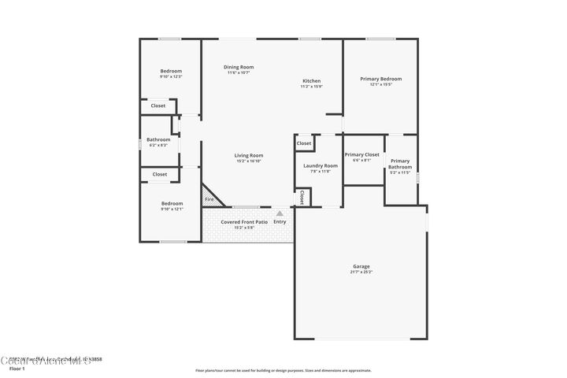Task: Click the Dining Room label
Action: pyautogui.click(x=239, y=67)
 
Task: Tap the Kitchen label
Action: pyautogui.click(x=312, y=81)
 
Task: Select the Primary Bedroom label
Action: pyautogui.click(x=381, y=79)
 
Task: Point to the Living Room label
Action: pyautogui.click(x=248, y=155)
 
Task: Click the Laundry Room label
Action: pyautogui.click(x=321, y=165)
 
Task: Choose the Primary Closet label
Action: pyautogui.click(x=362, y=154)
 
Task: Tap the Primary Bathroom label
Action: pyautogui.click(x=400, y=164)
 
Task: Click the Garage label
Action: pyautogui.click(x=361, y=266)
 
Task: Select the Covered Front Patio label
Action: pyautogui.click(x=244, y=222)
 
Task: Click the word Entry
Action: pyautogui.click(x=280, y=222)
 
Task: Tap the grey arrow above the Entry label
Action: pyautogui.click(x=280, y=213)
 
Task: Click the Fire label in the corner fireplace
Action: pyautogui.click(x=209, y=199)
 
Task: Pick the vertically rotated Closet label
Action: pyautogui.click(x=302, y=198)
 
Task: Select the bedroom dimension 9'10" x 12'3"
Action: pyautogui.click(x=171, y=76)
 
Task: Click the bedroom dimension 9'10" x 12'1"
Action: pyautogui.click(x=172, y=209)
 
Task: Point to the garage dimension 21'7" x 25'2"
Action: pyautogui.click(x=361, y=272)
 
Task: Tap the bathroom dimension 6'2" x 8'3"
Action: pyautogui.click(x=158, y=145)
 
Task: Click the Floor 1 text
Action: pyautogui.click(x=17, y=368)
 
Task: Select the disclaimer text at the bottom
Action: pyautogui.click(x=283, y=369)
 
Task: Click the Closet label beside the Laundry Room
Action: pyautogui.click(x=304, y=143)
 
